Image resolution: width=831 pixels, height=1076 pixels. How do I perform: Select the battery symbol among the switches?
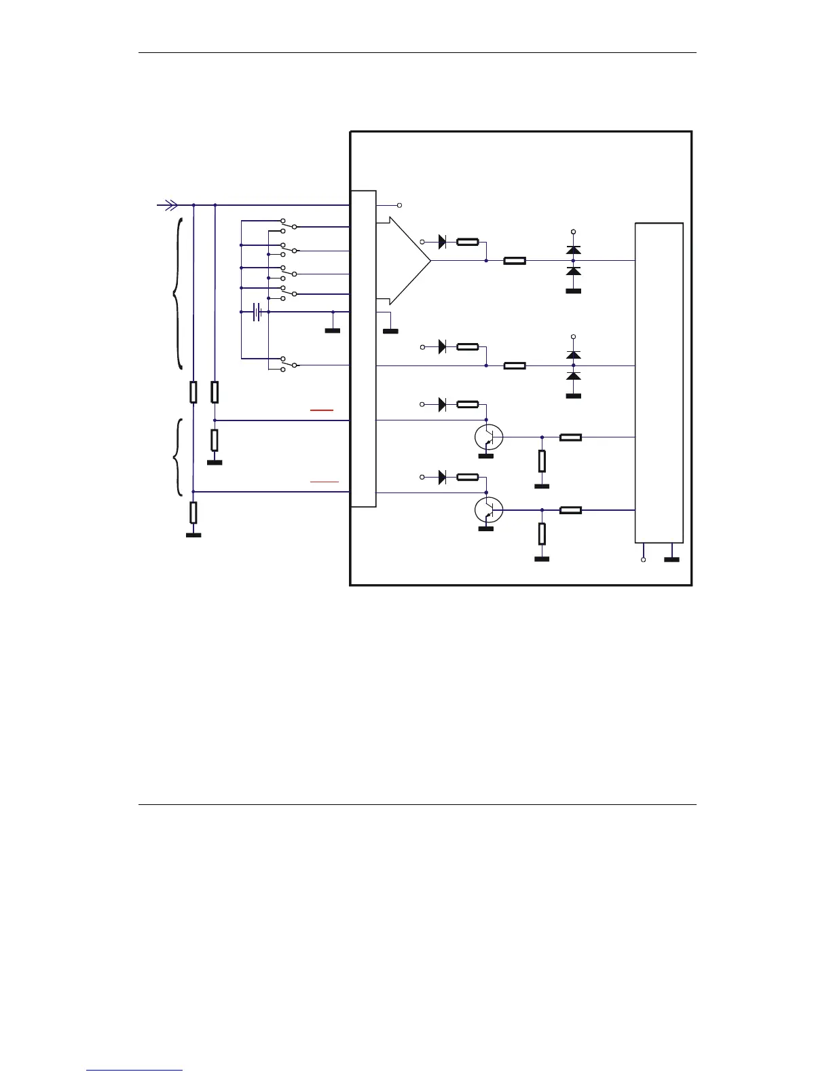point(257,312)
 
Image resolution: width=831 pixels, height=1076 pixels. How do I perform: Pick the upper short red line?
point(322,410)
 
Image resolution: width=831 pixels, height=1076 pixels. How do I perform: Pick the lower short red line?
point(325,481)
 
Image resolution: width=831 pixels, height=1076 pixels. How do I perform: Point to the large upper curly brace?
point(178,293)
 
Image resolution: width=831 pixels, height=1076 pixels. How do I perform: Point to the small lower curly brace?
point(179,457)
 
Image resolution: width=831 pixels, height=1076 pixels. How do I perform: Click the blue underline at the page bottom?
point(134,1070)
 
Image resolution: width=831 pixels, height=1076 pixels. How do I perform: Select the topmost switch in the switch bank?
point(289,225)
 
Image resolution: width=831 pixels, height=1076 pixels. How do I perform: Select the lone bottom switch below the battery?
point(289,364)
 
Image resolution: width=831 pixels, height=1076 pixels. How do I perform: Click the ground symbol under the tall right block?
point(671,560)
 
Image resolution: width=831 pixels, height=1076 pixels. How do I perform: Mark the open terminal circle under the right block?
point(644,560)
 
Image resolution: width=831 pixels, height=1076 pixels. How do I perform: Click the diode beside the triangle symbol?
point(443,242)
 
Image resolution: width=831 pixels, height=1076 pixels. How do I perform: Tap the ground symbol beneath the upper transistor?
point(486,456)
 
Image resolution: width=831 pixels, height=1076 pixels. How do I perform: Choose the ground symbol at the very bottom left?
point(193,535)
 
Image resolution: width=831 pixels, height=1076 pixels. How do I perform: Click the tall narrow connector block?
point(363,348)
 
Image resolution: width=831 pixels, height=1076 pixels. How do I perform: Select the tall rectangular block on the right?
point(659,382)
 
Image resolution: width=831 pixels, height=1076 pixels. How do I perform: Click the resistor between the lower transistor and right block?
point(570,510)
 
